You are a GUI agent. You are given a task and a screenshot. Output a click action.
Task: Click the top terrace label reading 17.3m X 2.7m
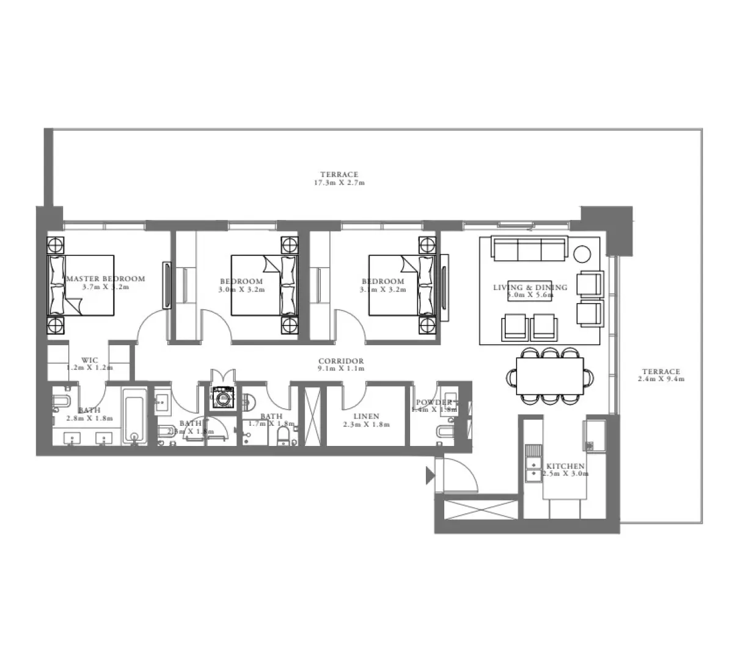coord(340,178)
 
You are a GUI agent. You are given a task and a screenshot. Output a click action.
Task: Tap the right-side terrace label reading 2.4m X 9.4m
coord(661,375)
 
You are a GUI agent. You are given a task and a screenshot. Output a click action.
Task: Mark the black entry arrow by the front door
coord(430,475)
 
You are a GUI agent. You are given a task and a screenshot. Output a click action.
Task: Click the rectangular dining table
coord(550,376)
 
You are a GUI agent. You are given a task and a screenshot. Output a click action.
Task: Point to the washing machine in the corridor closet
coord(223,398)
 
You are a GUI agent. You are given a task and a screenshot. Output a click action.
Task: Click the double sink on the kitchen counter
coord(533,467)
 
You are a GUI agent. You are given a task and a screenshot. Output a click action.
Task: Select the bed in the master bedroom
coord(81,285)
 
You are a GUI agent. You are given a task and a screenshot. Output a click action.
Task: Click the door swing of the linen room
coord(353,397)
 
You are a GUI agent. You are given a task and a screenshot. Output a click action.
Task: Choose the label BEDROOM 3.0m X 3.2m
coord(241,285)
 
